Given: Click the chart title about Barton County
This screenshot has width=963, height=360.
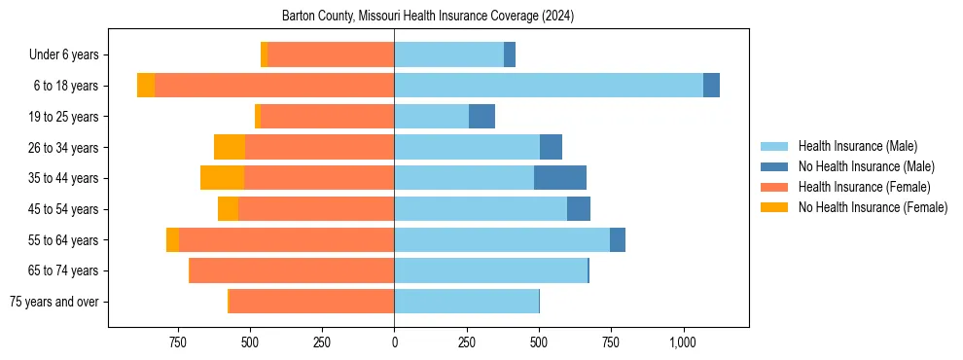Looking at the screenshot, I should (428, 17).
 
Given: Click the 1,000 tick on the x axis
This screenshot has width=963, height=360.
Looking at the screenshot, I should (683, 342).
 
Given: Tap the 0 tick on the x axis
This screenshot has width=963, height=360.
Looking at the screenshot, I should (394, 342).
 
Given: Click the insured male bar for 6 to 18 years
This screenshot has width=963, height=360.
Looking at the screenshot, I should (549, 86).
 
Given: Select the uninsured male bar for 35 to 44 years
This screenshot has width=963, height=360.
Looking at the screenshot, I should (560, 178).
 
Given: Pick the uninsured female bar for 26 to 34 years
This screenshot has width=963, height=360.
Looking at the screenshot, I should (230, 147).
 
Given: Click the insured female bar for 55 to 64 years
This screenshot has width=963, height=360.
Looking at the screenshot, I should (287, 239).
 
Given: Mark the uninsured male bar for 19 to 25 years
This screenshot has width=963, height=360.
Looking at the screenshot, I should (481, 117).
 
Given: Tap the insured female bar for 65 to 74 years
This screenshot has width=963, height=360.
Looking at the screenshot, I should (292, 270).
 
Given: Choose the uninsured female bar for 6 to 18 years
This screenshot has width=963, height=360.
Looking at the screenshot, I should (146, 86).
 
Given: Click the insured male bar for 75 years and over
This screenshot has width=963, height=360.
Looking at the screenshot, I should (466, 302).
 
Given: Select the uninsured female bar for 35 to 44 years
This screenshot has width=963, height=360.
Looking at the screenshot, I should (222, 178).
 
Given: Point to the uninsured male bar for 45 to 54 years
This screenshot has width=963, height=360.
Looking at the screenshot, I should (579, 209).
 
